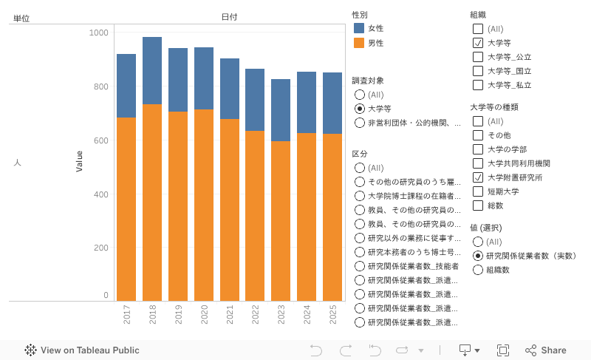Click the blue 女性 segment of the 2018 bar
coord(151,70)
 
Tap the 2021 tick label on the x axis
coord(230,317)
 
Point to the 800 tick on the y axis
coord(99,86)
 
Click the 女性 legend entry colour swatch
coord(359,28)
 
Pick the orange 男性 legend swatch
coord(359,43)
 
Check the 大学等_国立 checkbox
coord(478,71)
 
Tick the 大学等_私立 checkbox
coord(478,85)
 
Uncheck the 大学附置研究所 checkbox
coord(478,177)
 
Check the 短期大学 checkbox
coord(478,191)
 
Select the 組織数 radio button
coord(478,270)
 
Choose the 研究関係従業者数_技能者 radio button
coord(360,266)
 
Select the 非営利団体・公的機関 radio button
coord(360,123)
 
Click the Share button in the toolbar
coord(546,350)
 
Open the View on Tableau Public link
coord(82,350)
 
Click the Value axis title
coord(79,161)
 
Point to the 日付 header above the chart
coord(229,17)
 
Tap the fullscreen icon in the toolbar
coord(503,350)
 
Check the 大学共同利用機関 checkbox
coord(478,163)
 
